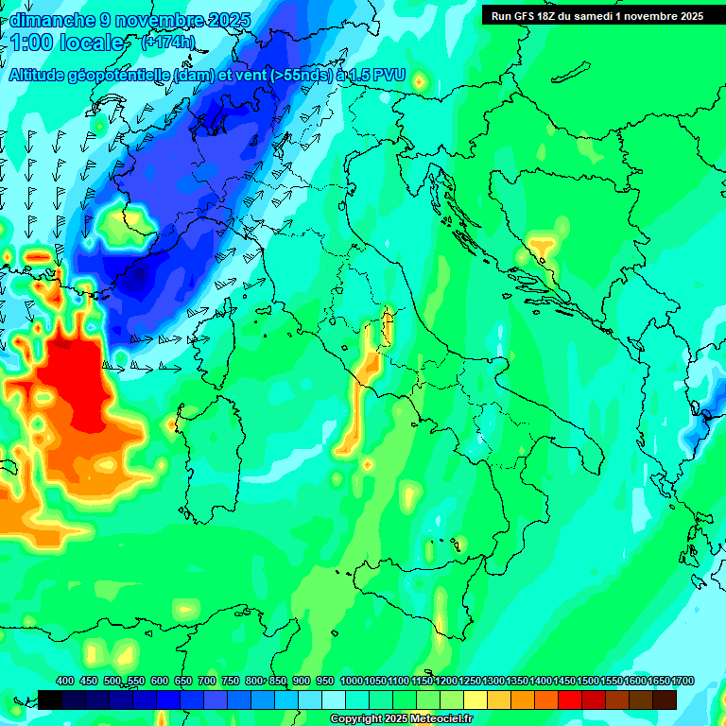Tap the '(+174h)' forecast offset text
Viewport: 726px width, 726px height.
click(167, 43)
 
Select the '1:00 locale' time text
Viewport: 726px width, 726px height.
click(67, 43)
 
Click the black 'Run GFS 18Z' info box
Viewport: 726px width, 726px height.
click(596, 16)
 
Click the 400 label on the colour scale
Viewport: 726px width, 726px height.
click(65, 682)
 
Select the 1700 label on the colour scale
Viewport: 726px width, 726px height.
click(658, 682)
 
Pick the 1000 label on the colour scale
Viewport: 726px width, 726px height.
click(352, 682)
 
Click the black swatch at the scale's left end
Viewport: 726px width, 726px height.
click(51, 700)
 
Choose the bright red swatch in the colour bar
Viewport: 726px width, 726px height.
click(570, 700)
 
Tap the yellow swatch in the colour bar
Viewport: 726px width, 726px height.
click(475, 700)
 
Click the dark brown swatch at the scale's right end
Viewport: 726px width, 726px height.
click(665, 700)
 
